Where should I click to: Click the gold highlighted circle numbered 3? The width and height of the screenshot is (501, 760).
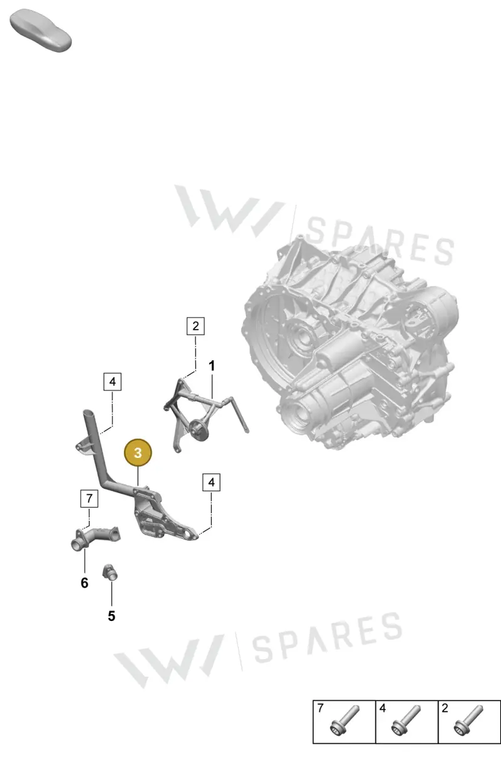click(x=138, y=452)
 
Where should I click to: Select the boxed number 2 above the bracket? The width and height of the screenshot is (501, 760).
click(x=195, y=326)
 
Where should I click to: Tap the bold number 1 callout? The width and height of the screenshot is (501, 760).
click(x=212, y=366)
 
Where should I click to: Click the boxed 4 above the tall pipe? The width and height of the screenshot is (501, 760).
click(x=112, y=382)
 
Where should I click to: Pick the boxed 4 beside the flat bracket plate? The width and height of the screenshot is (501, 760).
click(x=211, y=482)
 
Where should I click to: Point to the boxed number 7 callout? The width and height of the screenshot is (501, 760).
click(x=89, y=498)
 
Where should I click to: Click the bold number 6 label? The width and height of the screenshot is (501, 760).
click(x=85, y=583)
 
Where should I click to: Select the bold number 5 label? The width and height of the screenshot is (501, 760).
click(x=111, y=616)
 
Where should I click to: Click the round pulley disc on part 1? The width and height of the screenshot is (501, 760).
click(x=197, y=430)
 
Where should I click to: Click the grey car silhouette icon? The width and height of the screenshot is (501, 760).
click(x=41, y=30)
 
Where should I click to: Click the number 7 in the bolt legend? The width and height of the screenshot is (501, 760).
click(x=321, y=708)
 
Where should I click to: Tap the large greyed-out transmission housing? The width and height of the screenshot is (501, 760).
click(x=349, y=343)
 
